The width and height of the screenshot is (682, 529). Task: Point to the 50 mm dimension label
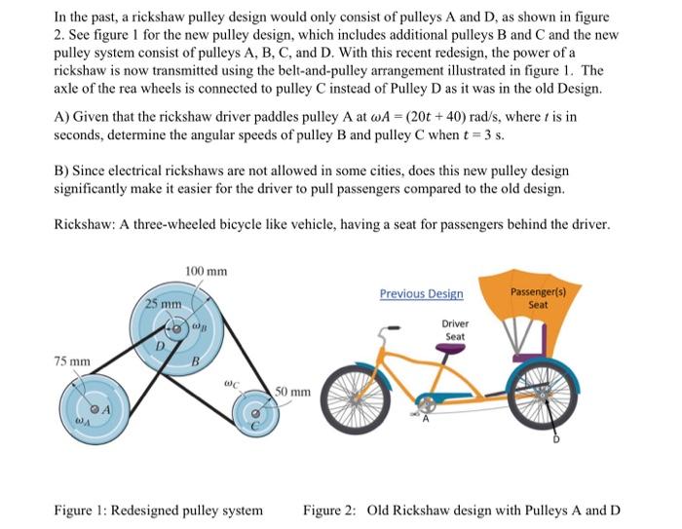click(292, 393)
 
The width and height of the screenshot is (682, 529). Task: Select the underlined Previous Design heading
click(421, 293)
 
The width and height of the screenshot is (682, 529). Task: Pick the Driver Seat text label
click(455, 329)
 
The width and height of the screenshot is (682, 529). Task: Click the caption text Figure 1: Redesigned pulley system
click(158, 510)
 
